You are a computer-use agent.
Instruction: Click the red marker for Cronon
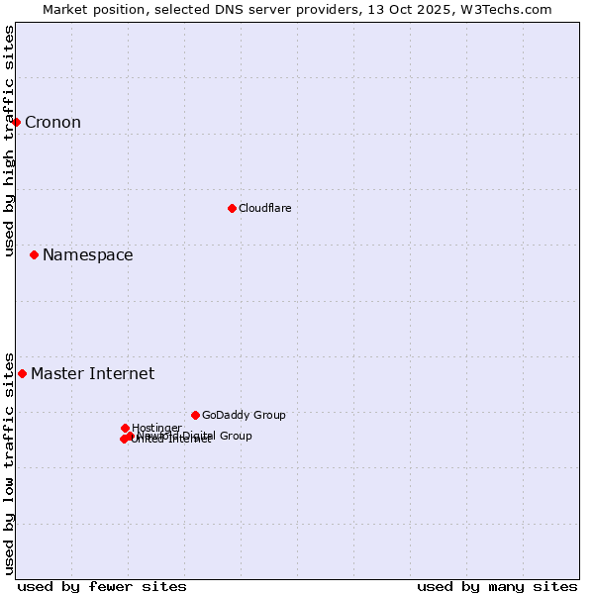[17, 122]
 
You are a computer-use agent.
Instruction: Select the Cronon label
[52, 123]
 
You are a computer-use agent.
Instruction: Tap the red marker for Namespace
[35, 254]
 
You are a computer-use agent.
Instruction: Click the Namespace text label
[87, 255]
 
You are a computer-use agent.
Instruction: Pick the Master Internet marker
[23, 373]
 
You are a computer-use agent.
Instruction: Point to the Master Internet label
[92, 374]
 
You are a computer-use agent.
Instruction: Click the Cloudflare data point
[232, 208]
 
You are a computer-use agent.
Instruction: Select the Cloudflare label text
[264, 209]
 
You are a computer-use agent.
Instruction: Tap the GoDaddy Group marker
[196, 415]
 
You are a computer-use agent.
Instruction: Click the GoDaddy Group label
[244, 416]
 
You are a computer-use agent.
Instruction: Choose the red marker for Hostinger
[126, 428]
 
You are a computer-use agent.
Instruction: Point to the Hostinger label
[156, 428]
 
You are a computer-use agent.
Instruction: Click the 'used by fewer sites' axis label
[102, 587]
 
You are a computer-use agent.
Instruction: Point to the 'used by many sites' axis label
[497, 587]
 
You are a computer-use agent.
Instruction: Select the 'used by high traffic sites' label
[9, 141]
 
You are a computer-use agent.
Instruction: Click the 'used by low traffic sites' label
[9, 463]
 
